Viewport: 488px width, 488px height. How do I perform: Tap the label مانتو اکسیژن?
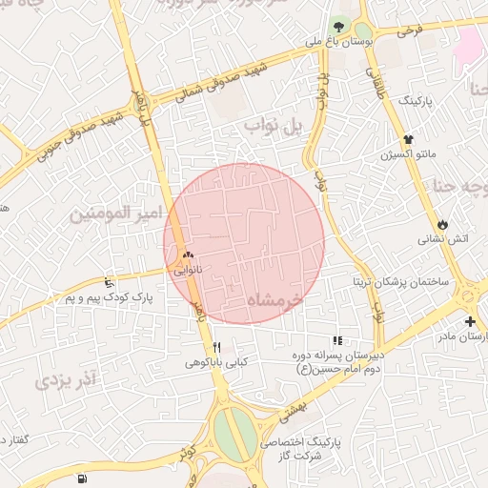pos(408,153)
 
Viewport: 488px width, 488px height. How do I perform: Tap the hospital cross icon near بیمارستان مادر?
pos(470,321)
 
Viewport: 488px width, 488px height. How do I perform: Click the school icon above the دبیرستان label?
pos(336,340)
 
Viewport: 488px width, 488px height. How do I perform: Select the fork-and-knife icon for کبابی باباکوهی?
pos(216,347)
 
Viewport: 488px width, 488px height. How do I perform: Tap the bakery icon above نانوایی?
pos(188,254)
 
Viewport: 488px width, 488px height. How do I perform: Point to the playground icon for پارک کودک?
pos(109,282)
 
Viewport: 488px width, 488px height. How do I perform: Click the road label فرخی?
pos(409,31)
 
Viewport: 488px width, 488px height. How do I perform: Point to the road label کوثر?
pos(187,452)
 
